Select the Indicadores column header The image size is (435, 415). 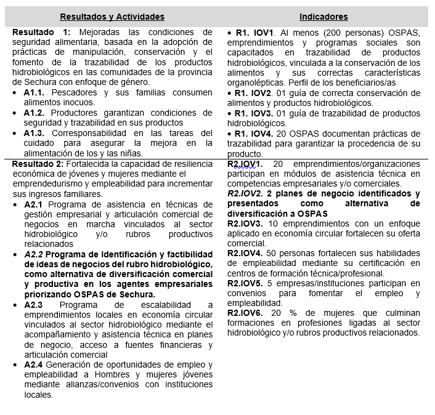pyautogui.click(x=323, y=17)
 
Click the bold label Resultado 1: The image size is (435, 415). pyautogui.click(x=42, y=32)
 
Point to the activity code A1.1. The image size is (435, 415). pyautogui.click(x=35, y=92)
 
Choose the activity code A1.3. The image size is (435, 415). pyautogui.click(x=35, y=133)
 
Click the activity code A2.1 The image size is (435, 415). pyautogui.click(x=35, y=204)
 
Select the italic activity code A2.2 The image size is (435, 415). pyautogui.click(x=35, y=254)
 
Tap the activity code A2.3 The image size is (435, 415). pyautogui.click(x=35, y=305)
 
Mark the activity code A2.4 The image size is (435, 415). pyautogui.click(x=35, y=365)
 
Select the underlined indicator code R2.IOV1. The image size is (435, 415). pyautogui.click(x=245, y=164)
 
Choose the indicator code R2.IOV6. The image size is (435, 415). pyautogui.click(x=245, y=313)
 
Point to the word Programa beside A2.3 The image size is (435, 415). pyautogui.click(x=78, y=305)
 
